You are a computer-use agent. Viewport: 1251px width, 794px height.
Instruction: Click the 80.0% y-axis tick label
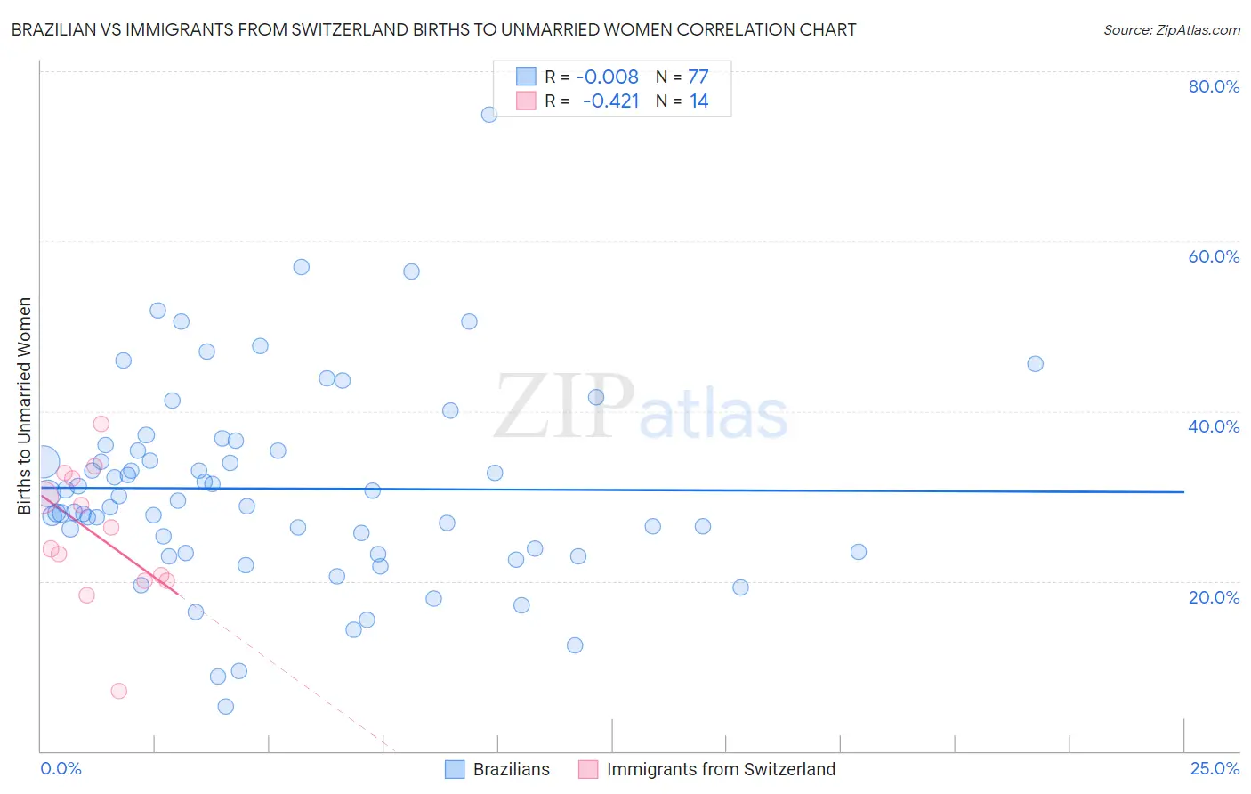pyautogui.click(x=1214, y=86)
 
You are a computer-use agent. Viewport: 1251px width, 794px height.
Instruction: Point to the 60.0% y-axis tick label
pyautogui.click(x=1214, y=256)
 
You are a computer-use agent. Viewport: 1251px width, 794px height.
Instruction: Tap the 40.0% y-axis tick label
pyautogui.click(x=1214, y=426)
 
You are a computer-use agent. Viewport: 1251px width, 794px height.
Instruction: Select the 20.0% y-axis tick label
pyautogui.click(x=1214, y=596)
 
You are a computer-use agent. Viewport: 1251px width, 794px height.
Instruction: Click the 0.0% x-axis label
pyautogui.click(x=61, y=768)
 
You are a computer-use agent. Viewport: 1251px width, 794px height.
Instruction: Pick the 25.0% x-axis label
pyautogui.click(x=1215, y=768)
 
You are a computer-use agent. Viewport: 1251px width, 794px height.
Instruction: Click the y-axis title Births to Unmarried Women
pyautogui.click(x=24, y=406)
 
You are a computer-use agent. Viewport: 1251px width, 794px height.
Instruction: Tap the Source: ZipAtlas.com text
pyautogui.click(x=1171, y=29)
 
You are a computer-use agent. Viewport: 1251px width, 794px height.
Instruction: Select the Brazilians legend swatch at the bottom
pyautogui.click(x=455, y=769)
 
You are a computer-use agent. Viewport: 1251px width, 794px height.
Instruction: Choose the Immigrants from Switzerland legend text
pyautogui.click(x=721, y=769)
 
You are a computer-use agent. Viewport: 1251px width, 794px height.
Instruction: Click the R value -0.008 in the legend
pyautogui.click(x=607, y=77)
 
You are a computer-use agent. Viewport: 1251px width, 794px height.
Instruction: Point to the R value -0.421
pyautogui.click(x=610, y=101)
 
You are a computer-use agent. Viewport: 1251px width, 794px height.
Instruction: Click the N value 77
pyautogui.click(x=698, y=77)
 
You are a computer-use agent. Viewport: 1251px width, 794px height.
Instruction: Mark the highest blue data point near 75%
pyautogui.click(x=489, y=114)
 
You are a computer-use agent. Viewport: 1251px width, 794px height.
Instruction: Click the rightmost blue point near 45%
pyautogui.click(x=1035, y=363)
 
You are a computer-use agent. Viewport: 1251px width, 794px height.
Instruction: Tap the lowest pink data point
pyautogui.click(x=118, y=691)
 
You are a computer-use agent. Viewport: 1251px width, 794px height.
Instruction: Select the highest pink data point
pyautogui.click(x=101, y=424)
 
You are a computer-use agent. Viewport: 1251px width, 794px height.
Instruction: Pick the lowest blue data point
pyautogui.click(x=226, y=707)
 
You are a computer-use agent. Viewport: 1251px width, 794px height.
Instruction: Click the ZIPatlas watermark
pyautogui.click(x=641, y=409)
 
